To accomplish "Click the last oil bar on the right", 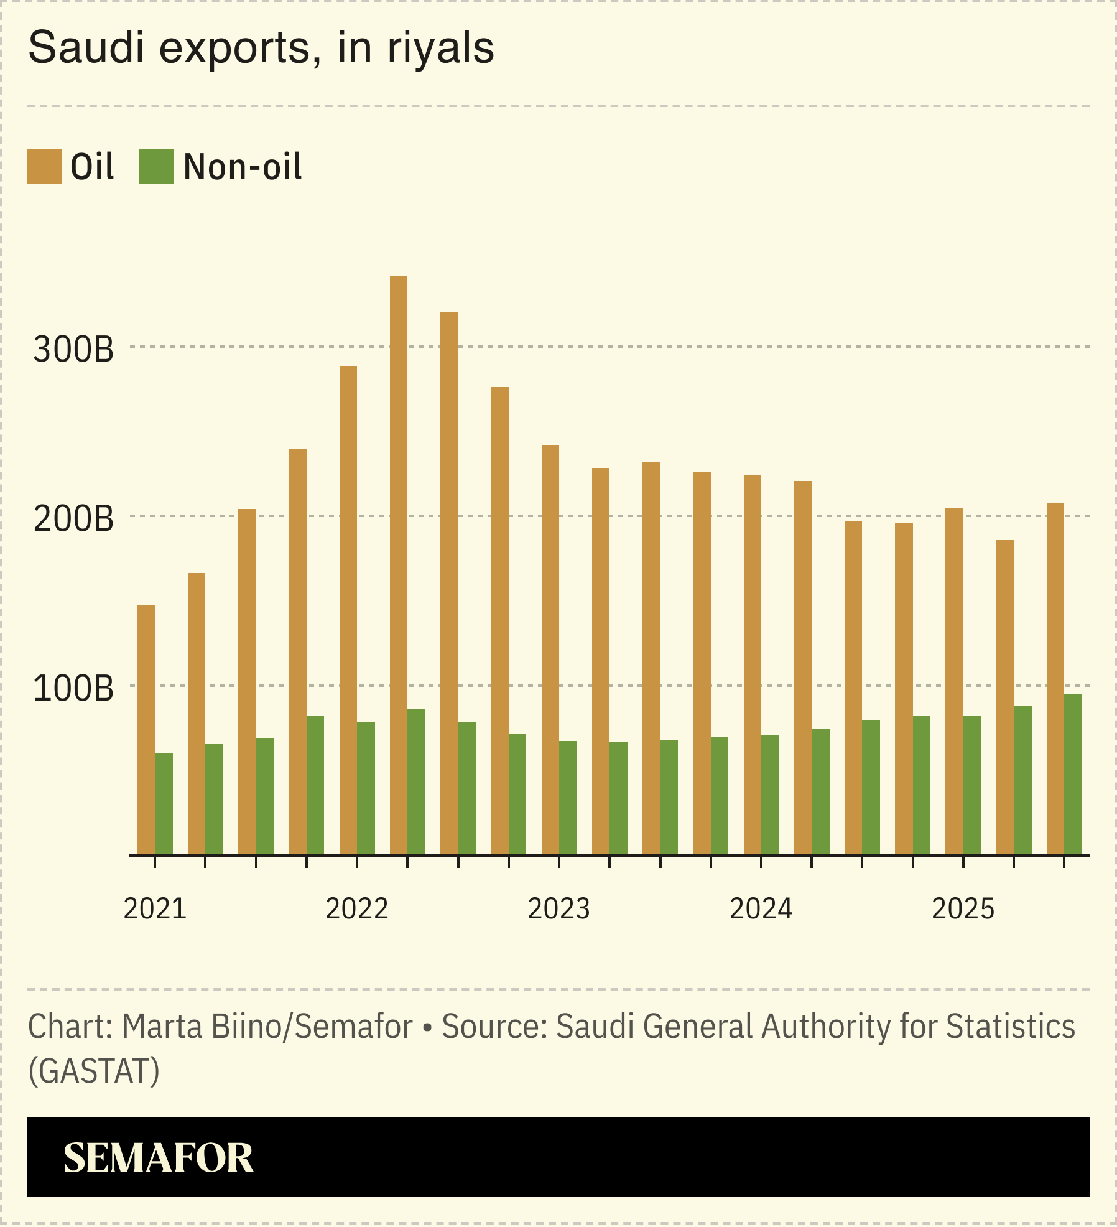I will pos(1055,678).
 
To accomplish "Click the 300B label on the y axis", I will pos(73,350).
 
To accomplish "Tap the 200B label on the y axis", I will pos(73,519).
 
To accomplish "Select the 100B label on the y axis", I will pos(73,689).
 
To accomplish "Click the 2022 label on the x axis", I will pos(357,909).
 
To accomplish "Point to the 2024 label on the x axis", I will pos(761,909).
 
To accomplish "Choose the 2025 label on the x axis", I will pos(963,909).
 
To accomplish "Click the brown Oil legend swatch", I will pos(45,167).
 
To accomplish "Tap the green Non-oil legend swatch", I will pos(157,167).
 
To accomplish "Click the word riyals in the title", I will pos(440,48).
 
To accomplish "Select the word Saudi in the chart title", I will pos(86,48).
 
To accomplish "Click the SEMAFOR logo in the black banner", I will pos(158,1158).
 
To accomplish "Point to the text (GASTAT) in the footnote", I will pos(94,1071).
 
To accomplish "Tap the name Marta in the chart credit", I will pos(162,1027).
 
